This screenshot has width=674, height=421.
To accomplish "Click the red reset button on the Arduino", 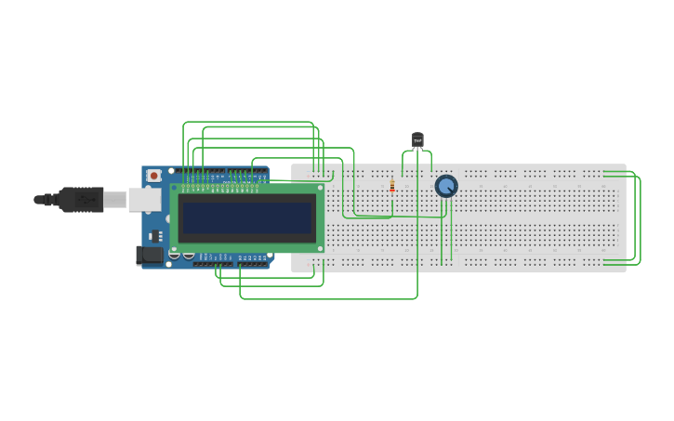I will [x=153, y=175].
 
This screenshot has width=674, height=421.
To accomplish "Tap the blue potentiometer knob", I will [x=446, y=186].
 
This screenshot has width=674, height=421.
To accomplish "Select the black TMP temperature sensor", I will [x=417, y=139].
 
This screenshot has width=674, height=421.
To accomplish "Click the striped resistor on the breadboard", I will [x=392, y=187].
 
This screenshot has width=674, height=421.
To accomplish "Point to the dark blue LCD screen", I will [x=246, y=217].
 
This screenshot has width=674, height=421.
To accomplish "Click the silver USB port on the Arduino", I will [x=143, y=199].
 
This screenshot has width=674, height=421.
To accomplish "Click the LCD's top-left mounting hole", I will [x=175, y=189].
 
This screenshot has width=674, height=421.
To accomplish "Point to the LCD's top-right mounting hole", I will [x=320, y=189].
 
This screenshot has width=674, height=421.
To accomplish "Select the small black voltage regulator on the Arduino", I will [x=154, y=235].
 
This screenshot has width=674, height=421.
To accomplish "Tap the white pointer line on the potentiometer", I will [x=450, y=183].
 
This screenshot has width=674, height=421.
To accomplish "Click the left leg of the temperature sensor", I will [x=414, y=152].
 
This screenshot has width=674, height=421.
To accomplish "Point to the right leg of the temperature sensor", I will [x=421, y=152].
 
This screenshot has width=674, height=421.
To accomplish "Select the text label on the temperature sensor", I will [x=417, y=139].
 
